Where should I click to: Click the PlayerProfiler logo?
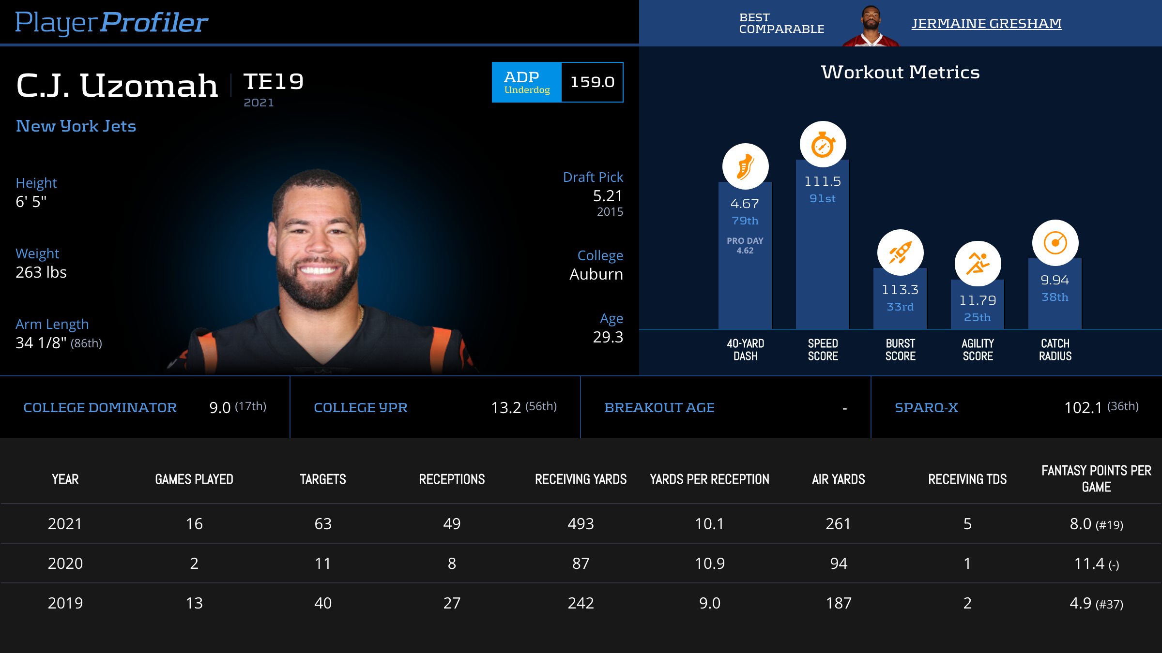point(111,23)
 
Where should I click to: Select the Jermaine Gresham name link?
point(986,23)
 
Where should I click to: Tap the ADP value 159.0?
point(592,82)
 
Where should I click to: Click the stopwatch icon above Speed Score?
point(823,145)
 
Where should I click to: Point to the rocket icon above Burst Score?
point(900,252)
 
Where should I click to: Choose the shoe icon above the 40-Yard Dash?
point(745,166)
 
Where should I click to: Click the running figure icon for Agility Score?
point(978,264)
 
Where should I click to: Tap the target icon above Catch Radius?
point(1055,243)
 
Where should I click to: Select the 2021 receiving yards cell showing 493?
point(581,524)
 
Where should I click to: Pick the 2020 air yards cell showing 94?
point(839,564)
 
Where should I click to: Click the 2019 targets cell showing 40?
point(323,603)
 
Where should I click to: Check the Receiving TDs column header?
point(967,479)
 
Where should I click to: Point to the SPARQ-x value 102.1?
point(1083,408)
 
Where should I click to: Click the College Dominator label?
point(100,408)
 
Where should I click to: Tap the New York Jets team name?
point(76,126)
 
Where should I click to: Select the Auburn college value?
point(596,274)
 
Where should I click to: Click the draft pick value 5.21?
point(608,196)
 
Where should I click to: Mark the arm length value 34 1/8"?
point(41,343)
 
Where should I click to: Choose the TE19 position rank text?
point(274,82)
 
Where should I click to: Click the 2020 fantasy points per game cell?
point(1096,564)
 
